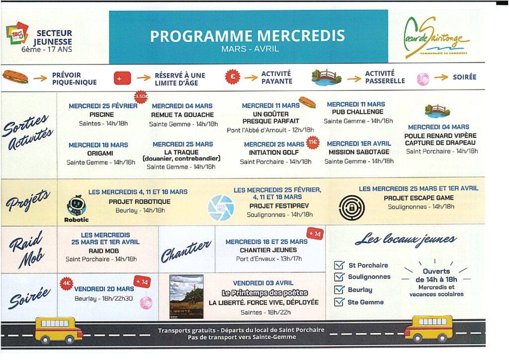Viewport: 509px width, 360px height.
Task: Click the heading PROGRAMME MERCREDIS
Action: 248,36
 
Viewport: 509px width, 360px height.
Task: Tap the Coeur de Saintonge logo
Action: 435,38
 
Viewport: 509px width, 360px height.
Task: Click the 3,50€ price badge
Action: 141,96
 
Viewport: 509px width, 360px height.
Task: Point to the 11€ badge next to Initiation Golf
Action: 313,142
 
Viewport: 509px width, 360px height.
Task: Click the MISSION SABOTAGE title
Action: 359,152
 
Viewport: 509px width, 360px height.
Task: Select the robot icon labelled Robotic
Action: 77,205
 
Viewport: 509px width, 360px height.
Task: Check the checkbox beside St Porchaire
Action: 339,266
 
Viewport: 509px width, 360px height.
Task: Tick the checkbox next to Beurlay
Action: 339,289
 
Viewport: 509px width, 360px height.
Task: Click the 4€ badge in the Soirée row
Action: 67,283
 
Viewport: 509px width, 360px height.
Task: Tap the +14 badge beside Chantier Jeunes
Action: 315,234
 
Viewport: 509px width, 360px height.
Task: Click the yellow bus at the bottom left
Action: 59,329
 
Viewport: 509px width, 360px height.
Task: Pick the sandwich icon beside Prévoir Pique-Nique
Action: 15,77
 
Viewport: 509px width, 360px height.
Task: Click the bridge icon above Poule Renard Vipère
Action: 437,110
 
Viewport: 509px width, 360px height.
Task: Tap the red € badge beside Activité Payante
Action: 233,77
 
